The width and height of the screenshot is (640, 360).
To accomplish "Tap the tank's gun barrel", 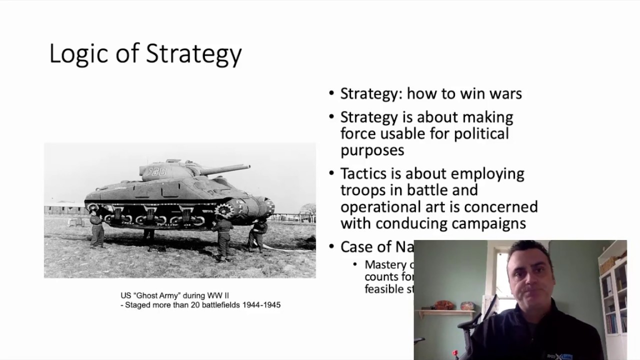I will click(x=225, y=169).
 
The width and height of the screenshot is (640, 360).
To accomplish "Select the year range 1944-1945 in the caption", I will click(x=261, y=304).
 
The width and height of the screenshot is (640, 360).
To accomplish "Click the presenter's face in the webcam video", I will click(x=529, y=280).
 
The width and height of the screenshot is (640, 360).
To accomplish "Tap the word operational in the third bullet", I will click(x=383, y=206).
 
